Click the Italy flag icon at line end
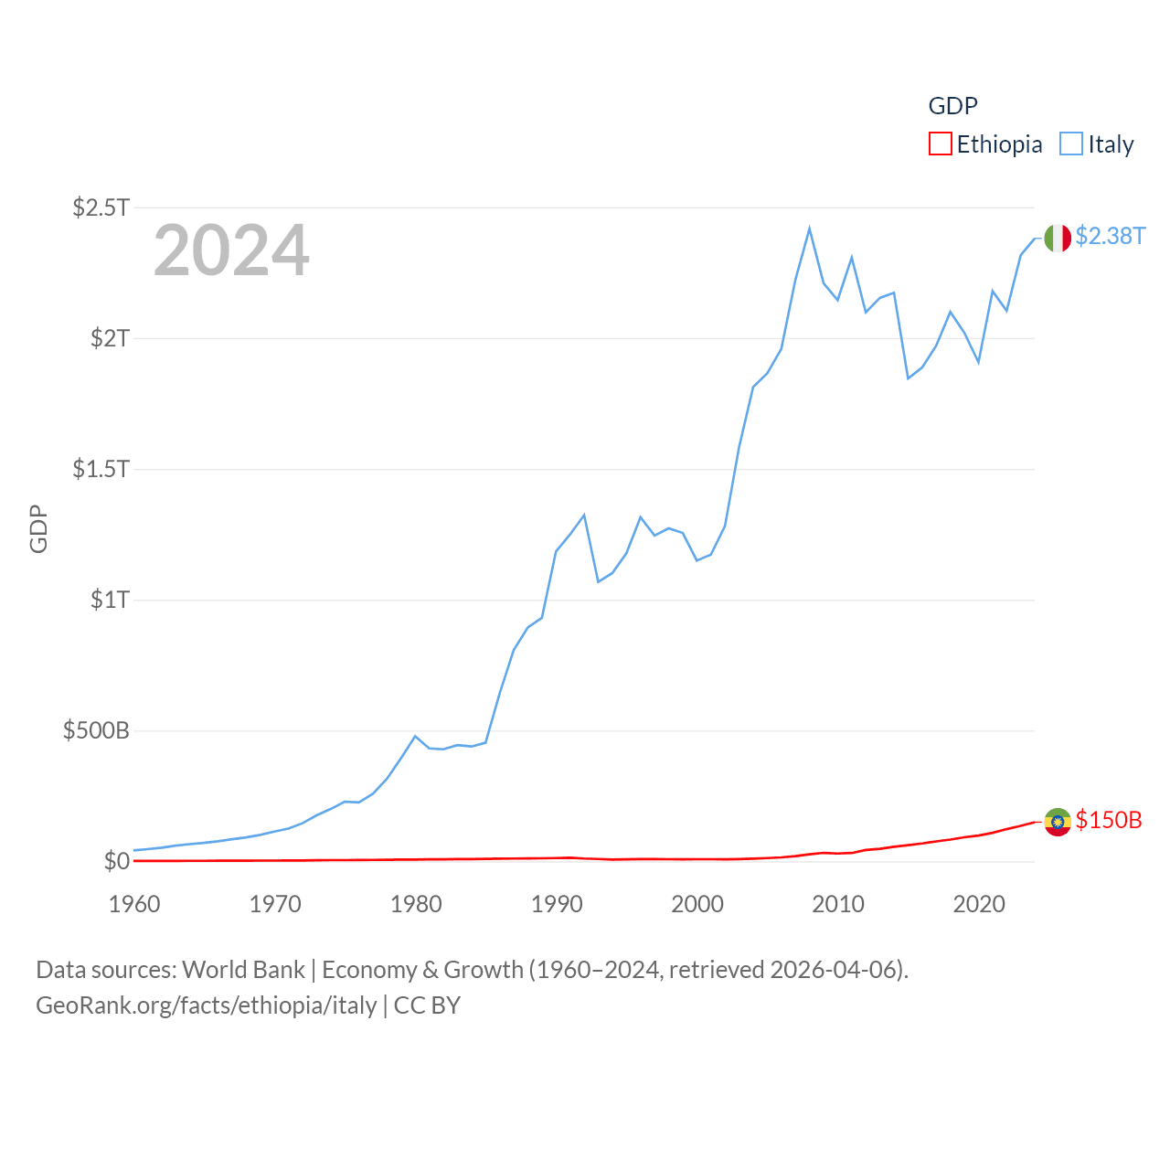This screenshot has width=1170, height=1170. pos(1058,238)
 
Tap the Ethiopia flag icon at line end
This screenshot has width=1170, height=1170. pos(1058,822)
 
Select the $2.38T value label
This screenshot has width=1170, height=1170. pos(1110,236)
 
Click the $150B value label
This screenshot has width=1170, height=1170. pos(1109,820)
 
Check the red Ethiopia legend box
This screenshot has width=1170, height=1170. pos(940,144)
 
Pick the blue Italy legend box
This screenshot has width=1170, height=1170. pos(1070,144)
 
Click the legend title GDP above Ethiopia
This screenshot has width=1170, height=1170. pos(952,106)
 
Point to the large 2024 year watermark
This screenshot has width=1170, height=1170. pos(231,250)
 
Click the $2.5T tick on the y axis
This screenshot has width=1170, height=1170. pos(101,207)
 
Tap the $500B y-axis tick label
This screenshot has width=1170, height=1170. pos(96,730)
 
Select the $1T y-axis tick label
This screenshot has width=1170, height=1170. pos(110,600)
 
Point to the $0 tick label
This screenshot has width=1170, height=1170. pos(116,861)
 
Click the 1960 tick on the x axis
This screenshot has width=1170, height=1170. pos(134,904)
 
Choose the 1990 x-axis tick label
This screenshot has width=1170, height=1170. pos(557,904)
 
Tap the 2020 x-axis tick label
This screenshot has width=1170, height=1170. pos(979,904)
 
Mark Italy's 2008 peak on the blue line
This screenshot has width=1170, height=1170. pos(809,229)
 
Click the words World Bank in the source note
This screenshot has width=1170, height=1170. pos(243,970)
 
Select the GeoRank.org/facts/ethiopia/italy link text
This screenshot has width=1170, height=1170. pos(206,1005)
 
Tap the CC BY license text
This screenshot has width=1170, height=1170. pos(427,1005)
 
